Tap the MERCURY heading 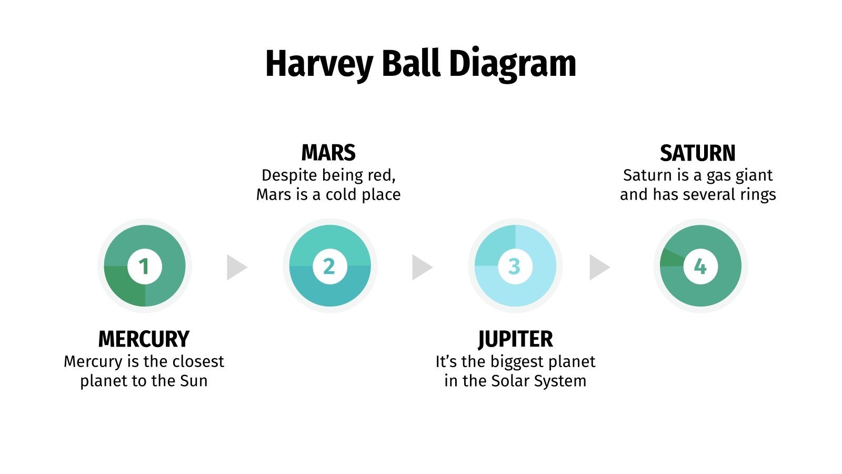(144, 339)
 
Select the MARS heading (328, 153)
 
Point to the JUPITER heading (515, 339)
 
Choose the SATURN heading (698, 153)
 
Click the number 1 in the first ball (144, 266)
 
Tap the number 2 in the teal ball (329, 266)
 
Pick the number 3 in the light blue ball (515, 266)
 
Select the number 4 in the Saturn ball (700, 266)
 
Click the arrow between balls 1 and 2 (236, 267)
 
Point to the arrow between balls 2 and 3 (421, 267)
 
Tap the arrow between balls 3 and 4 (598, 267)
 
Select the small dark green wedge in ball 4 (670, 258)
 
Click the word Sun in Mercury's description (194, 381)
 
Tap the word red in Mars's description (380, 175)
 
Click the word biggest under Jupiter (515, 362)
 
